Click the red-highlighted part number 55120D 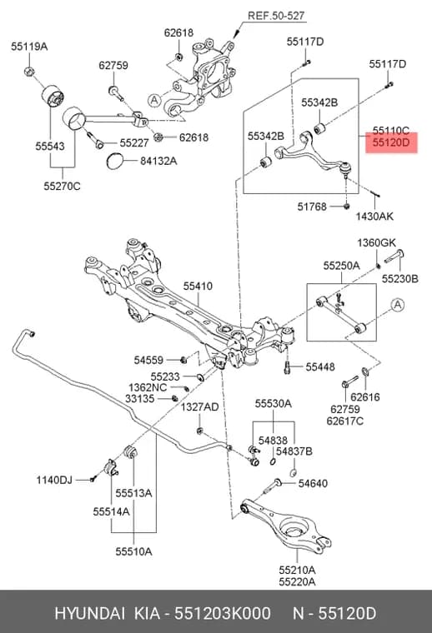tap(391, 142)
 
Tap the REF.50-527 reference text tap(276, 16)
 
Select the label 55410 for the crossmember tap(198, 286)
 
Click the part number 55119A tap(29, 47)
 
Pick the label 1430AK tap(374, 217)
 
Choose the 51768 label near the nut tap(312, 207)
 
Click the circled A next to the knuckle tap(154, 100)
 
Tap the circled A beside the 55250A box tap(398, 304)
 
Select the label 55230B tap(400, 278)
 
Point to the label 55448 tap(320, 366)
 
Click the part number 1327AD tap(199, 407)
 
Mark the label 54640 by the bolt tap(313, 483)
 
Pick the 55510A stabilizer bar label tap(133, 551)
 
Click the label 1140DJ tap(54, 480)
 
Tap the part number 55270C tap(63, 186)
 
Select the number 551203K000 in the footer tap(223, 613)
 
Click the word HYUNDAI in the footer tap(89, 613)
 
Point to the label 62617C tap(345, 421)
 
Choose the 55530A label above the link tap(274, 404)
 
